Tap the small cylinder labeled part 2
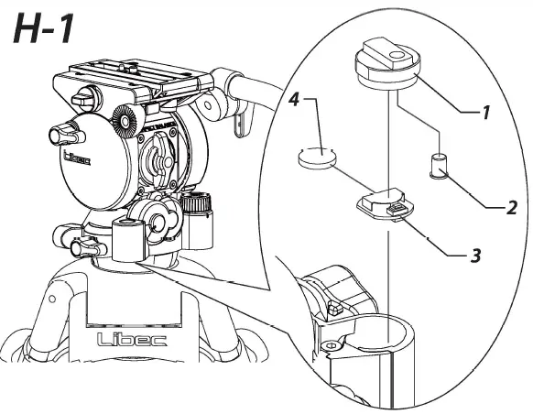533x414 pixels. pyautogui.click(x=438, y=167)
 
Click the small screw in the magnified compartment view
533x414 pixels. pyautogui.click(x=335, y=310)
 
